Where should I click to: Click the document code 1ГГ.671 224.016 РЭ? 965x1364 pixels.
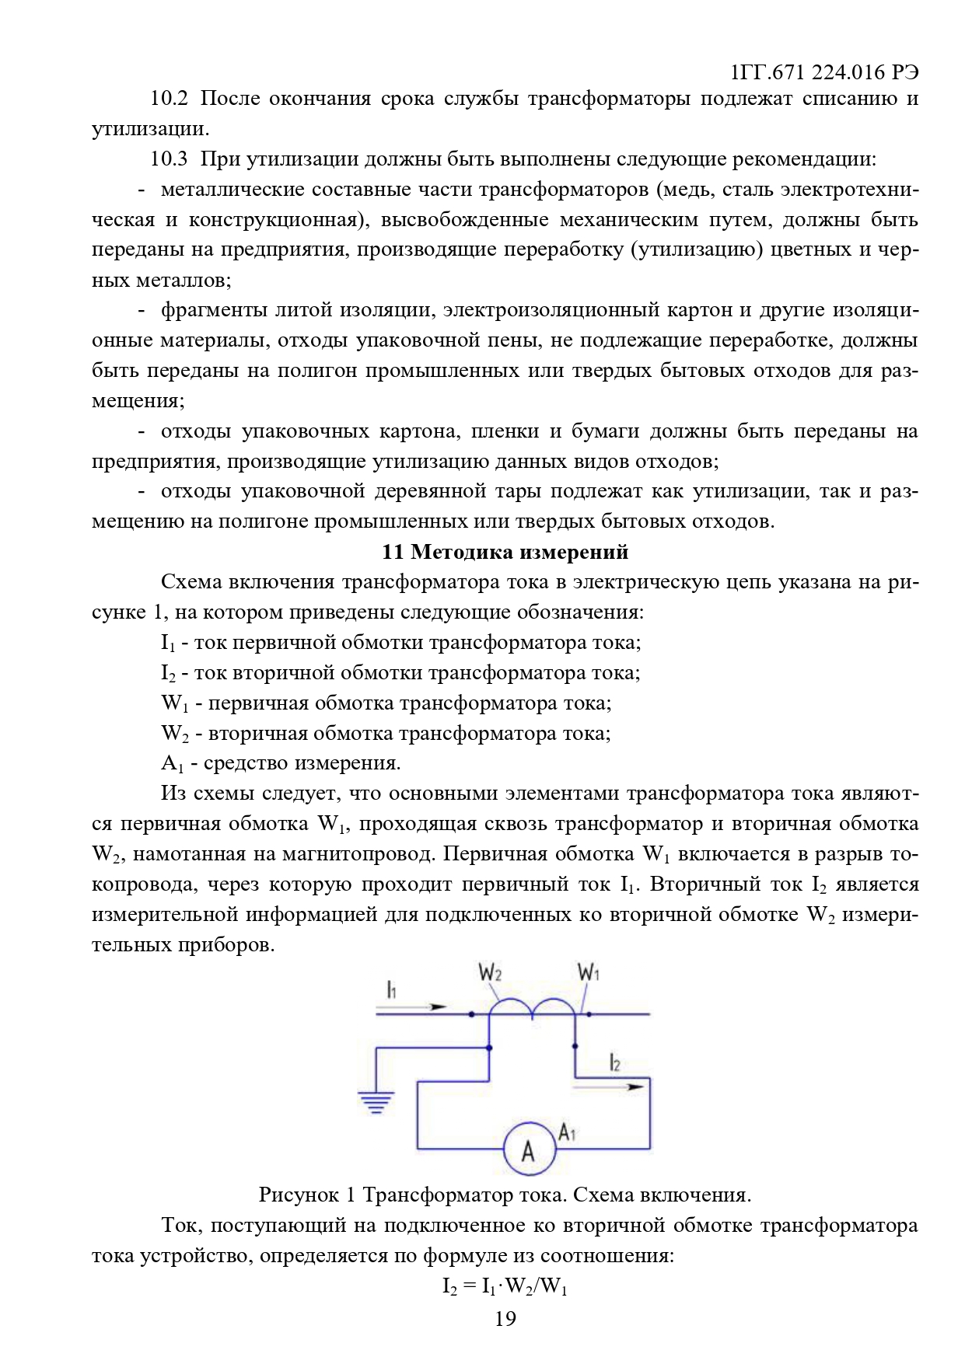825,72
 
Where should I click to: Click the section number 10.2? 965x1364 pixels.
169,99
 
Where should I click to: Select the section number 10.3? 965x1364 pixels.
169,159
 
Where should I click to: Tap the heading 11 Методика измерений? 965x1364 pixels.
505,552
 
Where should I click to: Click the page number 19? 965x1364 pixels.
505,1318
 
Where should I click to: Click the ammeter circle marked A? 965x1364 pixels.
529,1149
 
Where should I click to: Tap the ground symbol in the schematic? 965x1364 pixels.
376,1103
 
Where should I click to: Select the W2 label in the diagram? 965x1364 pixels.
490,972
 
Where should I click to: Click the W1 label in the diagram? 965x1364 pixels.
588,972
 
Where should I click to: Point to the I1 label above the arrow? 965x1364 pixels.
392,989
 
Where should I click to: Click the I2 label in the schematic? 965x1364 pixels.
614,1062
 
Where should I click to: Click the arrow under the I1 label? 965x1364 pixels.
412,1006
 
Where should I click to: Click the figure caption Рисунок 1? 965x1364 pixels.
505,1195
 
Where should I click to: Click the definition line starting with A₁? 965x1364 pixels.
281,763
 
